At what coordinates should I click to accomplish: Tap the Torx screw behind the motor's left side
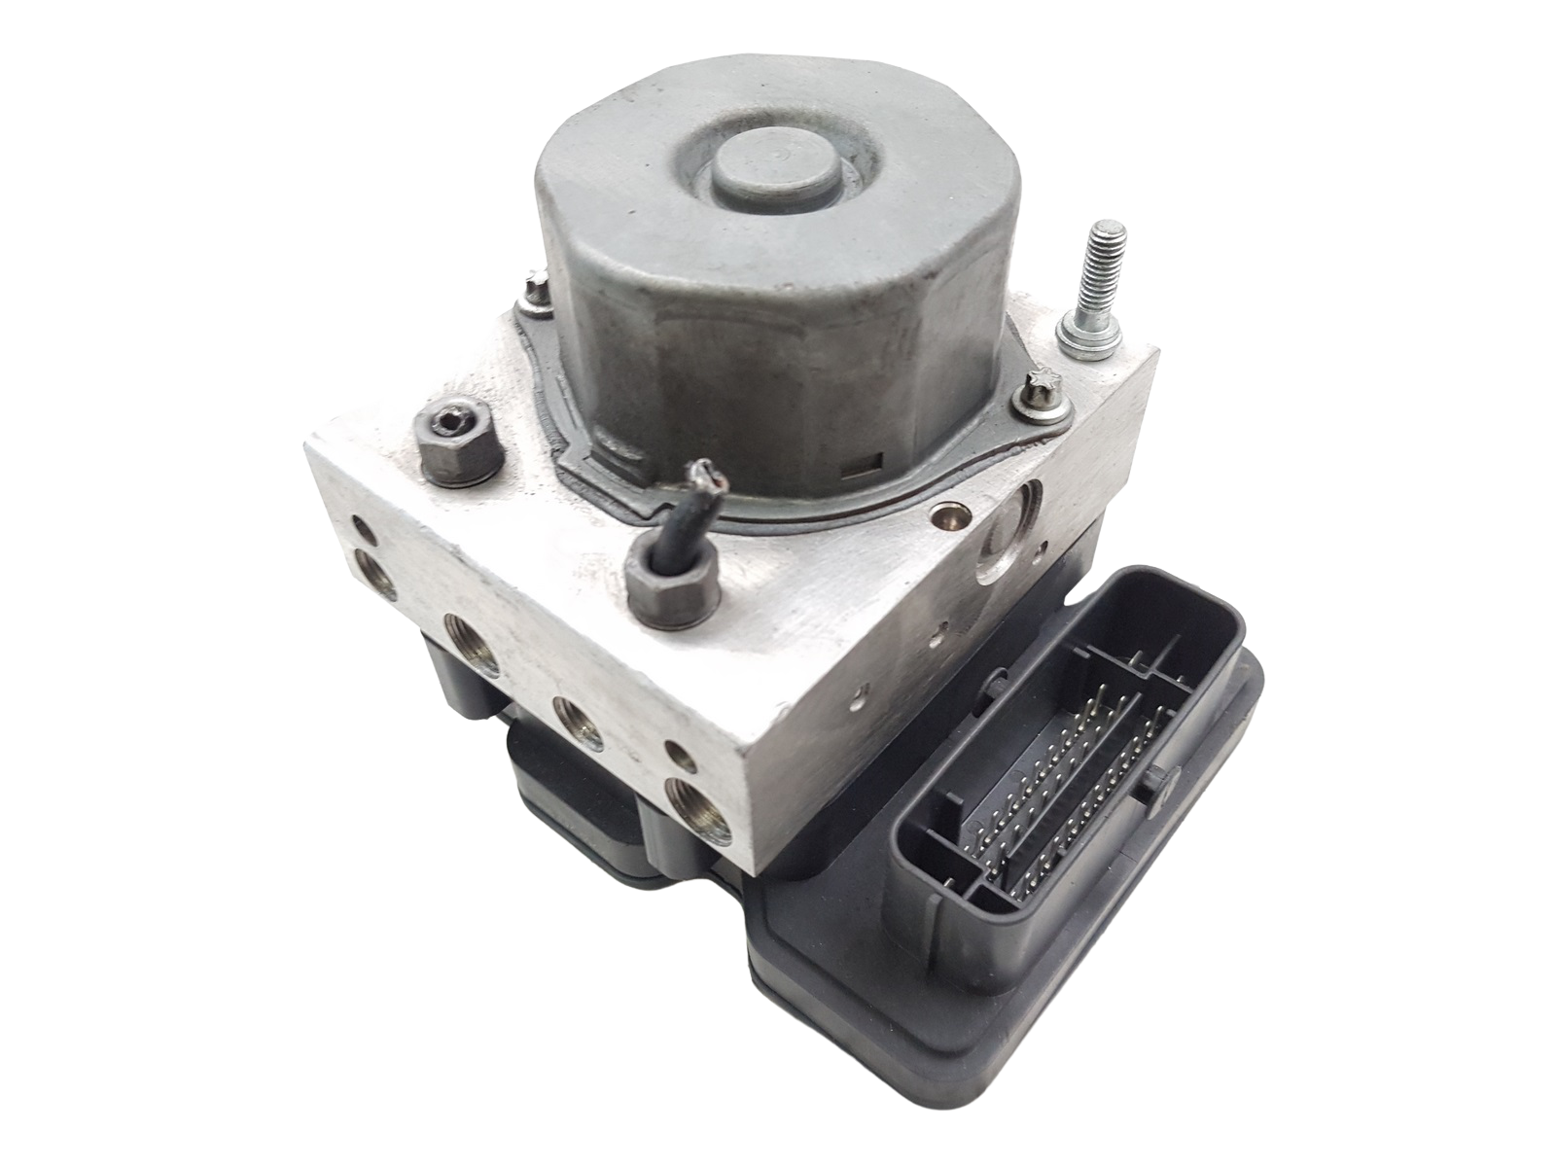point(533,289)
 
